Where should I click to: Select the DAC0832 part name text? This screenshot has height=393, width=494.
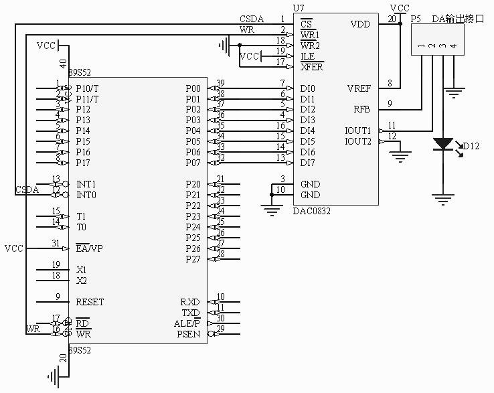coord(312,210)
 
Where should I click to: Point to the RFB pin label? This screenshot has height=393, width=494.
coord(361,108)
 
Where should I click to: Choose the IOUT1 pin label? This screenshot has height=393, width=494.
coord(357,131)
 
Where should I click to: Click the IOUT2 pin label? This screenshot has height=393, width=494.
coord(357,141)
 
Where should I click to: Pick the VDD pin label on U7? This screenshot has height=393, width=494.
coord(359,24)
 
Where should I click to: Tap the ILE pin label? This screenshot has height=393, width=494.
coord(308,56)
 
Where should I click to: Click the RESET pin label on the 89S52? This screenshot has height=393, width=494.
coord(90,302)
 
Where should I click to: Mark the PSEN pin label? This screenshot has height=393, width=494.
coord(188,334)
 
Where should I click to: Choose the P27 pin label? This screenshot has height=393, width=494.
coord(193,259)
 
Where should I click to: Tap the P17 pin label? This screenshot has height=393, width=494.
coord(83,163)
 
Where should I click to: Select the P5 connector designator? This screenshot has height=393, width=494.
coord(415,19)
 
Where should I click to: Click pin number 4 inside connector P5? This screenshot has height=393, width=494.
coord(453,46)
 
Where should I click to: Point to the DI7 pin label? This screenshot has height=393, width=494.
coord(308,163)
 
